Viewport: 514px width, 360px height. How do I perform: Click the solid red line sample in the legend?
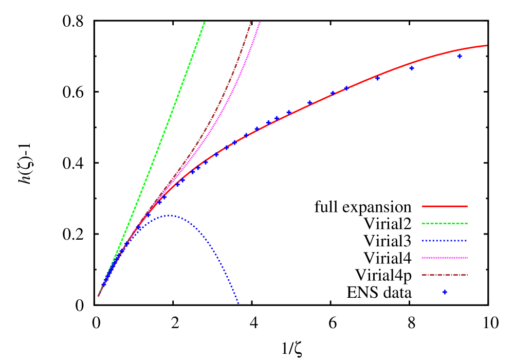pos(445,206)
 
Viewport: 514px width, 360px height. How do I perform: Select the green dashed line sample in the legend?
pos(445,223)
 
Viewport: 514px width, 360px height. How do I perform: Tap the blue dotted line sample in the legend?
pos(445,241)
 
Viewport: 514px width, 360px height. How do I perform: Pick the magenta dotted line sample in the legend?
pos(445,258)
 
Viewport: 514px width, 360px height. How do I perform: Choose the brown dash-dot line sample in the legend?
pos(445,275)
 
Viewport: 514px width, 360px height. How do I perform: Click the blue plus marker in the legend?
pos(445,292)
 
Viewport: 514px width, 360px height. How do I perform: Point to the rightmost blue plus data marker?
pos(460,56)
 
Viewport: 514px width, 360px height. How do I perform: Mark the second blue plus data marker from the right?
pos(412,68)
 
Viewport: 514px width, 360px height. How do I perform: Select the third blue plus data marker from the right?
pos(377,78)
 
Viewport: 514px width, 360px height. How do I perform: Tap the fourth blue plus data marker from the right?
pos(346,88)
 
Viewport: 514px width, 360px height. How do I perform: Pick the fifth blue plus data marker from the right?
pos(333,93)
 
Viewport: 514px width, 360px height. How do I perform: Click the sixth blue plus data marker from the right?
pos(309,103)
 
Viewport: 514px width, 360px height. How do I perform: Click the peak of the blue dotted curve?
pos(170,215)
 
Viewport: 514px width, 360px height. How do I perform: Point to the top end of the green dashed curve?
pos(205,22)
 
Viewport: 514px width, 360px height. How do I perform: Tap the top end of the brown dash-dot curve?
pos(250,22)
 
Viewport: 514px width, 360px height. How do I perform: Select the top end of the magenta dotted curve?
pos(260,22)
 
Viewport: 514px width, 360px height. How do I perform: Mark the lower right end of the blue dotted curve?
pos(238,303)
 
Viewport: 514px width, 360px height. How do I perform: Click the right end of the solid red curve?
pos(486,46)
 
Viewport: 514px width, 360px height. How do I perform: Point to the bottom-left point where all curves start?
pos(98,296)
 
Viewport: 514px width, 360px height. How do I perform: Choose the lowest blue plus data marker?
pos(104,284)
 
